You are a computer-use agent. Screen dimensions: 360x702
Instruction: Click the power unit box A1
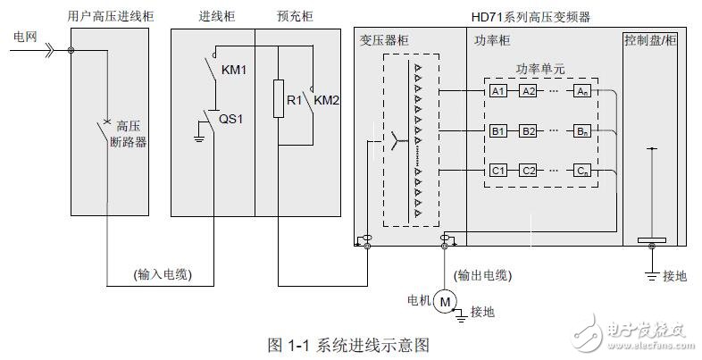pos(497,91)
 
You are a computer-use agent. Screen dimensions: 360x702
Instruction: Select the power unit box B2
pos(529,131)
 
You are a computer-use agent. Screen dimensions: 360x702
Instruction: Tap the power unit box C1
pos(497,170)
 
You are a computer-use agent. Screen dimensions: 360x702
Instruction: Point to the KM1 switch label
pos(233,69)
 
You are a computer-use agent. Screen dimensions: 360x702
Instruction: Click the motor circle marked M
pos(444,303)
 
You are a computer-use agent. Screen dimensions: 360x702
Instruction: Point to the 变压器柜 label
pos(384,40)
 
